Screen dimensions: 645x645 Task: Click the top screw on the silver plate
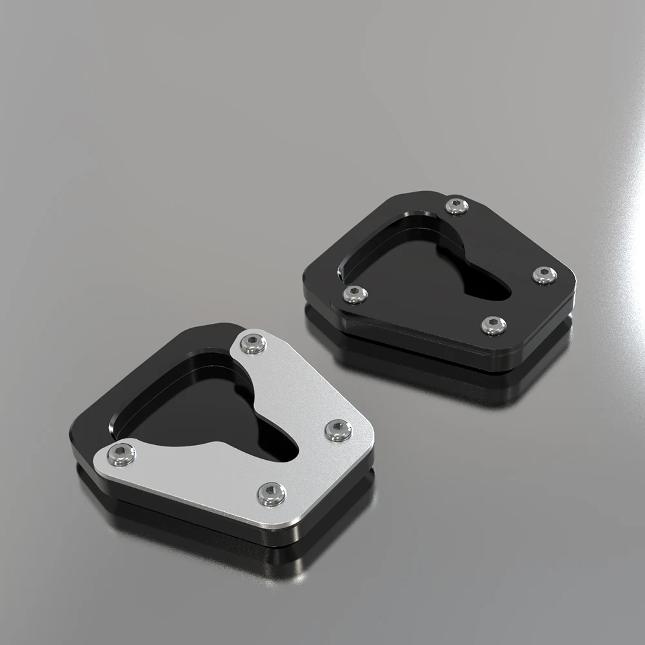pyautogui.click(x=253, y=343)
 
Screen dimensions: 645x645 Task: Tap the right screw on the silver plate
pyautogui.click(x=338, y=430)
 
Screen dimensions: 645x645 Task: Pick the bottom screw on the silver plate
pyautogui.click(x=272, y=493)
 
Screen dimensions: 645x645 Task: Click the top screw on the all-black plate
pyautogui.click(x=457, y=206)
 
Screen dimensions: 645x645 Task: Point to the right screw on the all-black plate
pyautogui.click(x=544, y=275)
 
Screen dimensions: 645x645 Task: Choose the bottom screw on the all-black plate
pyautogui.click(x=493, y=324)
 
